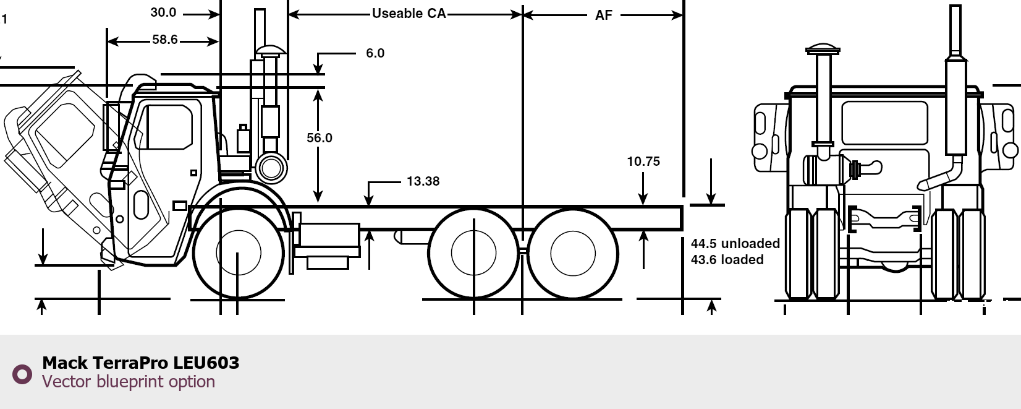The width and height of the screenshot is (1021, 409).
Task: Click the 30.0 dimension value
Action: pyautogui.click(x=163, y=12)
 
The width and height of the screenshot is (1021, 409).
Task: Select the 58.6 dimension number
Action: pyautogui.click(x=164, y=40)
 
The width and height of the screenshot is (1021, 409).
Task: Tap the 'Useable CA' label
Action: pyautogui.click(x=409, y=14)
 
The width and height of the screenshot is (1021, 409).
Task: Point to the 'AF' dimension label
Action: pyautogui.click(x=603, y=15)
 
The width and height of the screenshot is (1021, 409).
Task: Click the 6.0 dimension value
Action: pyautogui.click(x=375, y=53)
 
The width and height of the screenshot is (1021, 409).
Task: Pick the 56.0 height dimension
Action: pyautogui.click(x=319, y=138)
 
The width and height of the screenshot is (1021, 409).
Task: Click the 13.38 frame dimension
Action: pyautogui.click(x=423, y=181)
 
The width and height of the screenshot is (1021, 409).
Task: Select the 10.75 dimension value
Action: pyautogui.click(x=643, y=161)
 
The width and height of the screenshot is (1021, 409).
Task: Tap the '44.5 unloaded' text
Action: pyautogui.click(x=735, y=243)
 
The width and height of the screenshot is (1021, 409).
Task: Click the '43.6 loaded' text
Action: pyautogui.click(x=727, y=260)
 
